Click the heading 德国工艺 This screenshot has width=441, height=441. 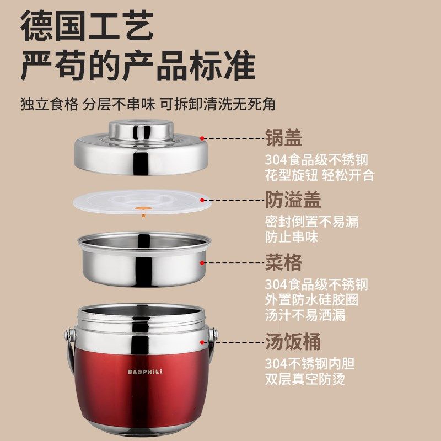pyautogui.click(x=87, y=26)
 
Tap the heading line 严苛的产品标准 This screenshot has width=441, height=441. pyautogui.click(x=138, y=67)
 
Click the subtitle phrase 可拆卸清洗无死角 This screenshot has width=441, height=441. pyautogui.click(x=217, y=104)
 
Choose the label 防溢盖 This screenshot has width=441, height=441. pyautogui.click(x=293, y=200)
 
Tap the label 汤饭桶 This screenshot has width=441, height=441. pyautogui.click(x=293, y=342)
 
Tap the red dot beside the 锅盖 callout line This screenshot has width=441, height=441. pyautogui.click(x=203, y=138)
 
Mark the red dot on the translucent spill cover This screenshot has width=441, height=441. pyautogui.click(x=203, y=201)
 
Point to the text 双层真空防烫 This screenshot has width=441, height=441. pyautogui.click(x=305, y=379)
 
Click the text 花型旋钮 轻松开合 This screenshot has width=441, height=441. pyautogui.click(x=319, y=175)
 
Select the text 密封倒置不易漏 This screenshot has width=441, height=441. pyautogui.click(x=311, y=222)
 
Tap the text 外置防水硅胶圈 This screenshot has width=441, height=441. pyautogui.click(x=311, y=300)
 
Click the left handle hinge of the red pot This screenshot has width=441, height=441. pyautogui.click(x=68, y=334)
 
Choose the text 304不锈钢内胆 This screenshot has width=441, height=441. pyautogui.click(x=309, y=364)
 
